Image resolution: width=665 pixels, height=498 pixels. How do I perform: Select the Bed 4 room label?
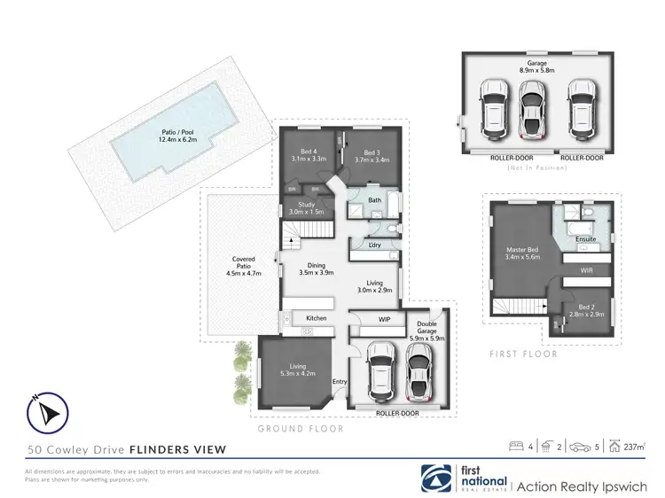(x=309, y=154)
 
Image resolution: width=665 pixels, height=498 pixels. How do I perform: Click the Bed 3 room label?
(x=371, y=154)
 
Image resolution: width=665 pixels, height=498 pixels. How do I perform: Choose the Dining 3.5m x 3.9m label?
(x=316, y=268)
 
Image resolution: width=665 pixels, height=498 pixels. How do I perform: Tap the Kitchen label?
(x=317, y=318)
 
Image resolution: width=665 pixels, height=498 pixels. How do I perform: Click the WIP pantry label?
(x=384, y=318)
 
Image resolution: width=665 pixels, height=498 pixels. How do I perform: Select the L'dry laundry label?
(x=374, y=245)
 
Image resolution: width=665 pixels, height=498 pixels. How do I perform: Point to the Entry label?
(x=339, y=382)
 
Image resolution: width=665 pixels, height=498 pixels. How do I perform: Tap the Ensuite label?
(x=586, y=238)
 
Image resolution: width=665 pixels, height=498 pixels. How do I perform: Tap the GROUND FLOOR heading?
(x=300, y=428)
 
